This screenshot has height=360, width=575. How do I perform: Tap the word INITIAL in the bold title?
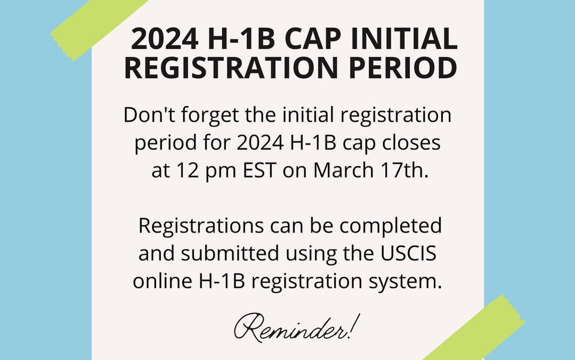[404, 38]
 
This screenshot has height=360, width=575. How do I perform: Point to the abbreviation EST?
[260, 170]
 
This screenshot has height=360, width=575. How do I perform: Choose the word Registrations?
[201, 226]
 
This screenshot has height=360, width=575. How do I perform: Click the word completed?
[391, 226]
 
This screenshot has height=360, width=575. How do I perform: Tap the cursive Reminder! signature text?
[297, 327]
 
